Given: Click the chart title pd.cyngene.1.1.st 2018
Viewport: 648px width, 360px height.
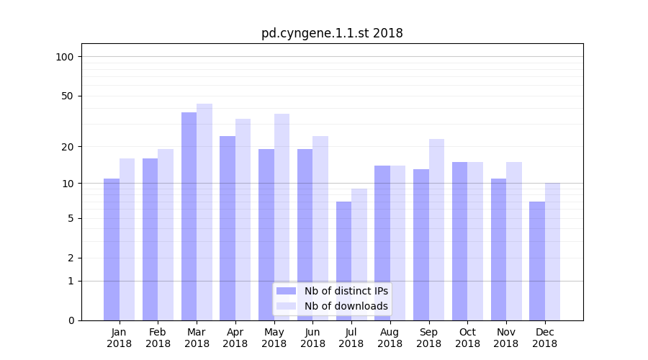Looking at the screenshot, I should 332,33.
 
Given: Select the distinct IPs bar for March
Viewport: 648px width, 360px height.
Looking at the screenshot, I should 189,216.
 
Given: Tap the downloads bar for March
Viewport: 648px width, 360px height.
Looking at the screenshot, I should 204,212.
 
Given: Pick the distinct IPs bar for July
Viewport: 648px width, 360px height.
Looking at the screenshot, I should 343,261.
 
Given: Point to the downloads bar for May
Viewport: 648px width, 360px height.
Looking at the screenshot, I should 282,217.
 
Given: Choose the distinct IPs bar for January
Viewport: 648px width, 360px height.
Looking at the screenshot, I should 112,249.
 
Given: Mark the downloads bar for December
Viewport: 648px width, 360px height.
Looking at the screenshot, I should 552,251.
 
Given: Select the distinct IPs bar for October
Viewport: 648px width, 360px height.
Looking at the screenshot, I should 459,240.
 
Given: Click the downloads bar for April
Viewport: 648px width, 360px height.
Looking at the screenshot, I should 243,220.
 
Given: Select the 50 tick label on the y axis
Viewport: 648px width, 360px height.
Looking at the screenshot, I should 68,96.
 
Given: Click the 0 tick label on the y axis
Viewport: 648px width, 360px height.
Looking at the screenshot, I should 71,320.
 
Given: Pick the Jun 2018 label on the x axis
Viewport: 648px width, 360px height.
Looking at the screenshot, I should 312,338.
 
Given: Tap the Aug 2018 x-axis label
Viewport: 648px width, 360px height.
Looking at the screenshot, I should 390,338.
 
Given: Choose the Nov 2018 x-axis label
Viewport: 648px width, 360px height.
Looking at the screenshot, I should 506,338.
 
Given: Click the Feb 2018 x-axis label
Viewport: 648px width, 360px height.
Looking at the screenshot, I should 158,338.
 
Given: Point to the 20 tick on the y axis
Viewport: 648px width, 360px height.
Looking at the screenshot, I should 68,147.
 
